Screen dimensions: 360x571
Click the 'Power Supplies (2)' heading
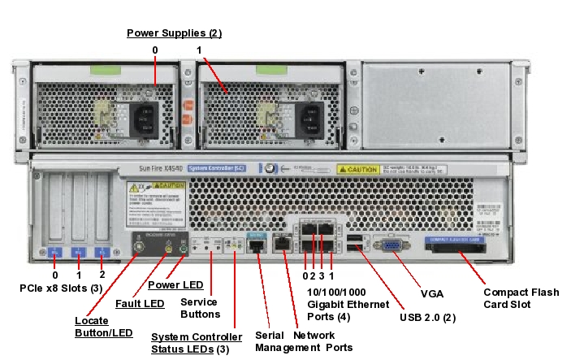click(175, 33)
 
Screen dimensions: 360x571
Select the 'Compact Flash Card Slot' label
click(521, 298)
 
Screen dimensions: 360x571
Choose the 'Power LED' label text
click(175, 285)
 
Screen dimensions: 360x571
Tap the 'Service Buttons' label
click(199, 308)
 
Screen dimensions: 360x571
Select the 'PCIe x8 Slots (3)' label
click(62, 288)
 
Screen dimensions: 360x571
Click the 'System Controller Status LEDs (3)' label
click(197, 343)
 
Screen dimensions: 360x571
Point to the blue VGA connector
click(391, 245)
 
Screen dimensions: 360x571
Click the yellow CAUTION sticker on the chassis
click(358, 170)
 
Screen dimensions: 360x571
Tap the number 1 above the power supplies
click(199, 50)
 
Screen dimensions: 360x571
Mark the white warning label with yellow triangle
click(151, 203)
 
